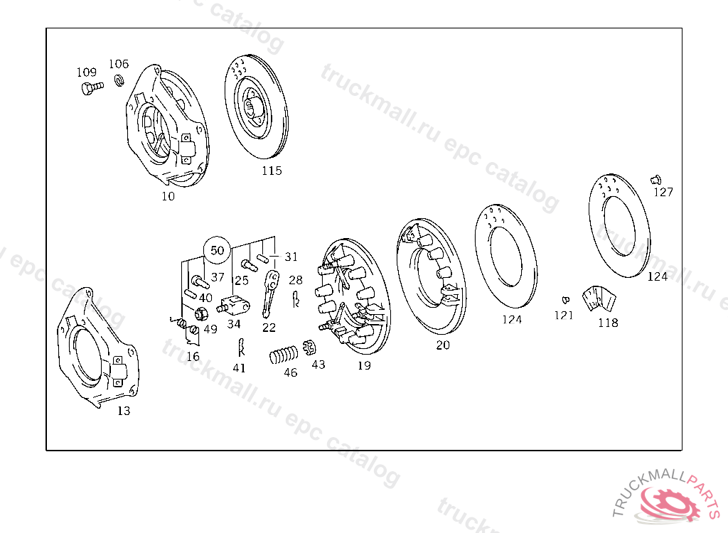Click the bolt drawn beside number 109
[x=92, y=87]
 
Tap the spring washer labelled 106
[x=119, y=80]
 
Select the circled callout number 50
[x=218, y=250]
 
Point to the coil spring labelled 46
[x=283, y=355]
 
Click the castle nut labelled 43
[x=309, y=348]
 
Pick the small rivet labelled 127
[x=655, y=180]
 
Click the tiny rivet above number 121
[x=565, y=300]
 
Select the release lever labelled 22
[x=270, y=294]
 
